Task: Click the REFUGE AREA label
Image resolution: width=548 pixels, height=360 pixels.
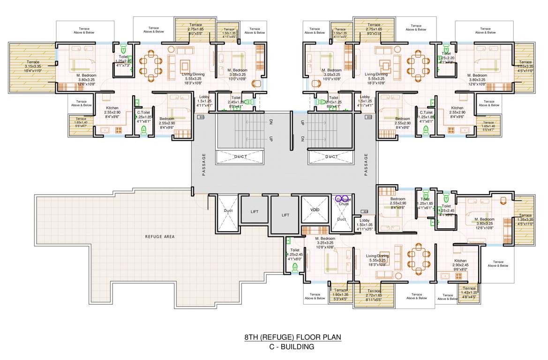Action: coord(159,237)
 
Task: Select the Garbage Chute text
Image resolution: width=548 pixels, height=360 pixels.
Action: coord(344,202)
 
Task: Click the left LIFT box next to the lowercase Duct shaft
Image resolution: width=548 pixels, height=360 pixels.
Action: coord(255,211)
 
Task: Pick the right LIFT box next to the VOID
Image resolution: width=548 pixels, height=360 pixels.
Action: coord(285,215)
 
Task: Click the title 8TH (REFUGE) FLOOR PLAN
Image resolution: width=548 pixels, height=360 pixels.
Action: coord(292,337)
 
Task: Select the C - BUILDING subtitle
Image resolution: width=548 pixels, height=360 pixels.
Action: coord(292,347)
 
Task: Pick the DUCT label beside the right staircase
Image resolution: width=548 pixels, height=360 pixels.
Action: coord(331,157)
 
